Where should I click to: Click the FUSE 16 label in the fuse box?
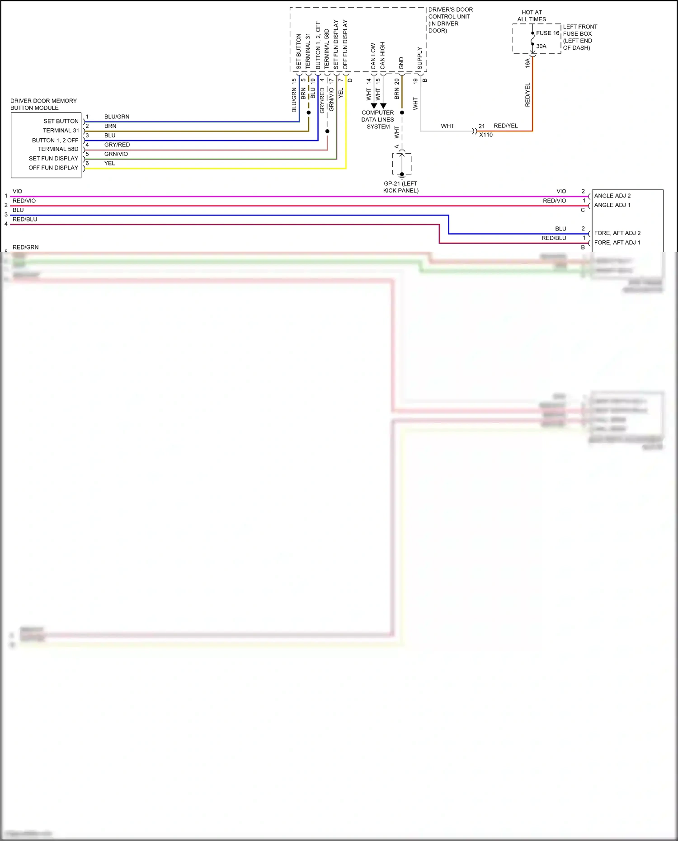(x=547, y=33)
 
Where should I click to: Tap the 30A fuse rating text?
(x=541, y=46)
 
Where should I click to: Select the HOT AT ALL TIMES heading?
(x=532, y=16)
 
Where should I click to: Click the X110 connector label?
(x=486, y=135)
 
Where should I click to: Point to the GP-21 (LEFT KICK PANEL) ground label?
(x=400, y=187)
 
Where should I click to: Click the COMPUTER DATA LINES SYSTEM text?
(x=378, y=120)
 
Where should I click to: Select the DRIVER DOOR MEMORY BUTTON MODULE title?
(x=43, y=104)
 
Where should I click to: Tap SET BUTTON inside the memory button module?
(x=61, y=121)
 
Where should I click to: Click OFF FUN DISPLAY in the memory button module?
(x=53, y=168)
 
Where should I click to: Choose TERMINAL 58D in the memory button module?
(x=58, y=149)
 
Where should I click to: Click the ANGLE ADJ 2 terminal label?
(x=612, y=196)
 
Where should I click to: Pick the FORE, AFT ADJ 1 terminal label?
(x=617, y=243)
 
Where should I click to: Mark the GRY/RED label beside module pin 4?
(x=117, y=145)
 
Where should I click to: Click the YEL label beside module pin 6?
(x=109, y=163)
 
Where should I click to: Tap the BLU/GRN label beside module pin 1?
(x=117, y=117)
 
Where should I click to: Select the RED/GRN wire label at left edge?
(x=26, y=247)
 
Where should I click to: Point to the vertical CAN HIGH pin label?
(x=382, y=56)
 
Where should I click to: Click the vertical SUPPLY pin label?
(x=419, y=58)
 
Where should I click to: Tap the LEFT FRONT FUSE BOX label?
(x=580, y=37)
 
